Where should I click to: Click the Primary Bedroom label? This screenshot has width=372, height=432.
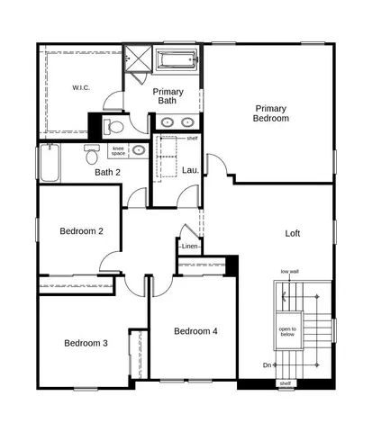click(271, 112)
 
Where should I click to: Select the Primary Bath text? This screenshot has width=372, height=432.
click(168, 95)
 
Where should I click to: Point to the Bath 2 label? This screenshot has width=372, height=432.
click(108, 172)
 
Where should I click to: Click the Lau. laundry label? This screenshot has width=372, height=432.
click(191, 169)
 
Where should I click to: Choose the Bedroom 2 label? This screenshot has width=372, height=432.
click(82, 231)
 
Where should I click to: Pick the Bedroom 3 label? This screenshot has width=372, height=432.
click(86, 343)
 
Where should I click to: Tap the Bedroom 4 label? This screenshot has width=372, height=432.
click(195, 331)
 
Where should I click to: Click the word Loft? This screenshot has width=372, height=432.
click(293, 233)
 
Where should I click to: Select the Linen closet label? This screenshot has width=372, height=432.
click(190, 247)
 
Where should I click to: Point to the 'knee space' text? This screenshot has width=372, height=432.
click(118, 150)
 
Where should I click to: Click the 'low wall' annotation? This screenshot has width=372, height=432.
click(289, 271)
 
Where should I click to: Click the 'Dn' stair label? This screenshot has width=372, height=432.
click(268, 364)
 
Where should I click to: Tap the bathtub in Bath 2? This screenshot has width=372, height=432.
click(48, 164)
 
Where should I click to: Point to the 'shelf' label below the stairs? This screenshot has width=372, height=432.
click(286, 383)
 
